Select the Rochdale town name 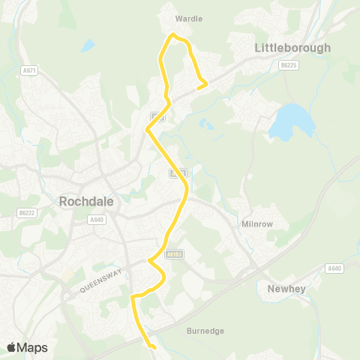86,201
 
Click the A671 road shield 29,70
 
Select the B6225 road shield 286,66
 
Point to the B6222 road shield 28,213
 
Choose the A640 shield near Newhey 334,268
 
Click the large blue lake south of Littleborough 290,122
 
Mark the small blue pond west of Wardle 88,45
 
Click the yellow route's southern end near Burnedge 152,347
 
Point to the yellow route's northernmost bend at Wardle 174,34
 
